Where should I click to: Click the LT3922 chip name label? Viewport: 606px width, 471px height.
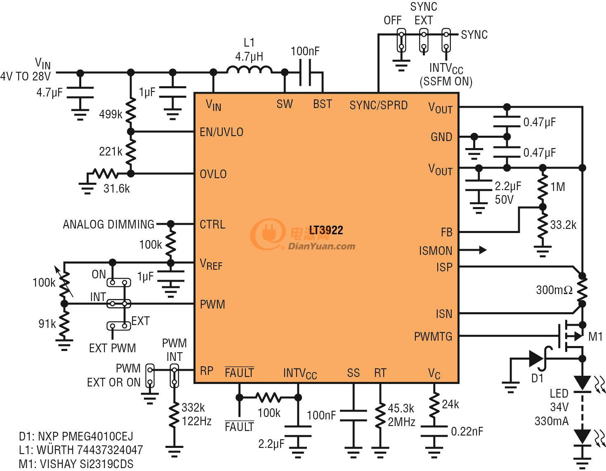(x=326, y=230)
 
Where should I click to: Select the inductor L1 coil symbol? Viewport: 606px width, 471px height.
(x=249, y=70)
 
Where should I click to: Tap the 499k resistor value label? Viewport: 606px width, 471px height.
(x=111, y=114)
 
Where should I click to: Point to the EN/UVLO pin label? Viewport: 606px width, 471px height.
(x=222, y=132)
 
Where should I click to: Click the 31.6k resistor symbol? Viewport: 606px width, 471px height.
(x=105, y=174)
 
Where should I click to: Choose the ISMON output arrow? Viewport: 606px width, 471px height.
(x=473, y=250)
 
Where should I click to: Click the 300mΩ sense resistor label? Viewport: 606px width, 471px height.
(x=554, y=290)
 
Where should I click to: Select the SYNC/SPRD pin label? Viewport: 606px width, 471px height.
(x=378, y=105)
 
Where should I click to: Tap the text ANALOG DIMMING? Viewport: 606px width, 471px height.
(x=108, y=224)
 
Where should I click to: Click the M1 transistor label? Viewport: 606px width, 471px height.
(x=595, y=337)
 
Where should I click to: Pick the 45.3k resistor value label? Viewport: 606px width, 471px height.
(x=401, y=408)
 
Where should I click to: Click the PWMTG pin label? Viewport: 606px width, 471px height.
(x=433, y=337)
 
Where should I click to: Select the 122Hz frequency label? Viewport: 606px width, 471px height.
(x=197, y=421)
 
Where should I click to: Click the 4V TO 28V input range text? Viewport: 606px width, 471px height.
(x=26, y=76)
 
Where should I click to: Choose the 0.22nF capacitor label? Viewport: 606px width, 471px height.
(x=467, y=431)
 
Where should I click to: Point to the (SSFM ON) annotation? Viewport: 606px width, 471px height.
(x=446, y=81)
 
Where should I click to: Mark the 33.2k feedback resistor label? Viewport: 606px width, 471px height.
(x=563, y=225)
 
